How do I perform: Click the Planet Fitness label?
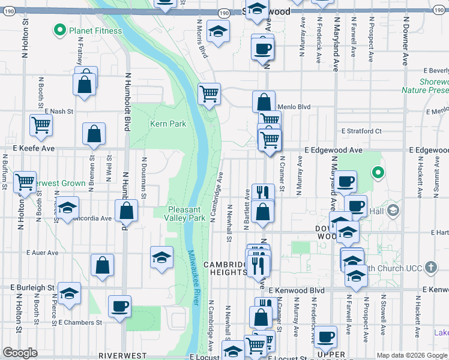pos(95,31)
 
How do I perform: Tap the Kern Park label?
pos(167,124)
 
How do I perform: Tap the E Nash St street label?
pos(58,112)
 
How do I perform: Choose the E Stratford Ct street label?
pos(361,131)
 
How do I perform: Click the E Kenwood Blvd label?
pos(297,290)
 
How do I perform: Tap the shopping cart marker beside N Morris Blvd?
pos(208,93)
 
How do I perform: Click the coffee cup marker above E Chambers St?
pos(119,306)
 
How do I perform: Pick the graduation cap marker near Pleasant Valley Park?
pos(161,257)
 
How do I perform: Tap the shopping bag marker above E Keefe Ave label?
pos(94,134)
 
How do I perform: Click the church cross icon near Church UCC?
pos(430,267)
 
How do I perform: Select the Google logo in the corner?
pos(20,353)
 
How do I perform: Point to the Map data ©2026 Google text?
pos(411,355)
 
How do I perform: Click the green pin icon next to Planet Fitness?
pos(60,29)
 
